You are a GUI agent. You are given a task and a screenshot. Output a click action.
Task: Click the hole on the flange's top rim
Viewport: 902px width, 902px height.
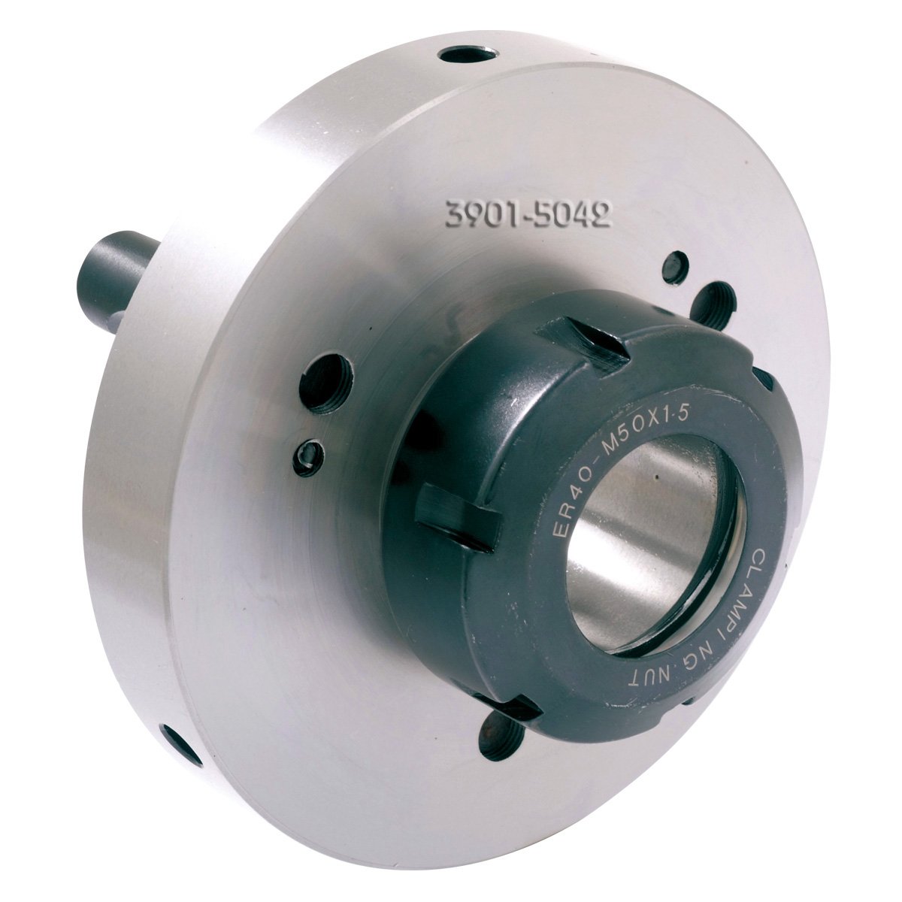(x=468, y=54)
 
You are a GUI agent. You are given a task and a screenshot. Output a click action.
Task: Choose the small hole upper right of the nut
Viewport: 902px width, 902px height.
(x=675, y=268)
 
